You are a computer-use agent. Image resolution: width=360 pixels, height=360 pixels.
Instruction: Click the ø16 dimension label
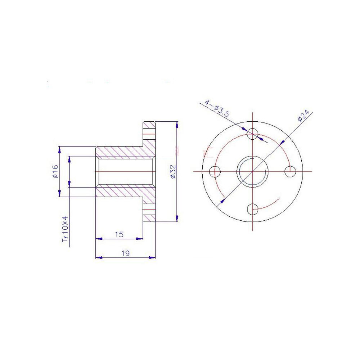point(55,172)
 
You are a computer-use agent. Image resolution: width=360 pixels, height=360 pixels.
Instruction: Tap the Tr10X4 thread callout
point(65,229)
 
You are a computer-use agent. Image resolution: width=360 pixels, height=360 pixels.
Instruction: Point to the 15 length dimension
point(119,234)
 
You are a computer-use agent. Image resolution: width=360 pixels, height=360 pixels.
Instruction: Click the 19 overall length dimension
point(125,253)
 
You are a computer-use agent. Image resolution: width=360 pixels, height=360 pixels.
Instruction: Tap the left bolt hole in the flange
point(216,172)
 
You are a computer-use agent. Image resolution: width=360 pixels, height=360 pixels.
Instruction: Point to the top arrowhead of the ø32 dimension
point(177,125)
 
